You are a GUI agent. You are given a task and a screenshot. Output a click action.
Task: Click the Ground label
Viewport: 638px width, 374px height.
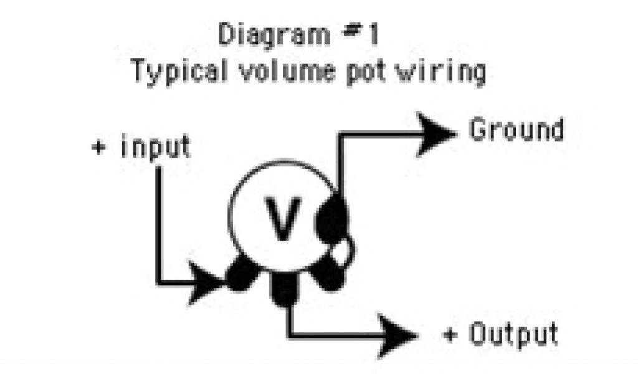click(516, 131)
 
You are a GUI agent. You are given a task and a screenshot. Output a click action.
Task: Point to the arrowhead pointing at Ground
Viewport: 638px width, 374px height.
click(436, 133)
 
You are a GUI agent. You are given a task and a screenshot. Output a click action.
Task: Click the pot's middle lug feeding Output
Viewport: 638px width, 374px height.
click(284, 289)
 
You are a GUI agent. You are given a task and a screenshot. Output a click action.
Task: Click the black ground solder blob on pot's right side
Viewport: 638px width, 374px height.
click(333, 219)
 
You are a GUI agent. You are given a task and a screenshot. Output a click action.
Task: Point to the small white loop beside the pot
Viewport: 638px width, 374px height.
click(345, 252)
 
